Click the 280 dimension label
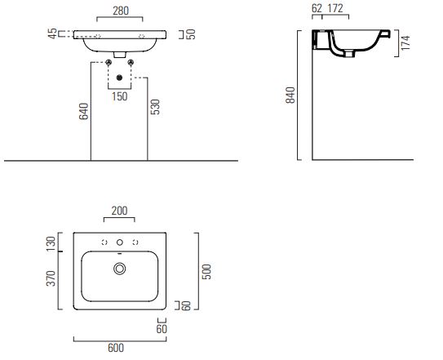coord(121,11)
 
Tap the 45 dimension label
coord(52,33)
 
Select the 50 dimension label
coord(191,34)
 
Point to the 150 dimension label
coord(119,96)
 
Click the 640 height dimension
coord(84,111)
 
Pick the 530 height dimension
coord(155,107)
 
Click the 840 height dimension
coord(290,96)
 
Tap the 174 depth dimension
coord(405,43)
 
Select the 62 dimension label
coord(317,8)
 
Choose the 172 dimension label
coord(335,8)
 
